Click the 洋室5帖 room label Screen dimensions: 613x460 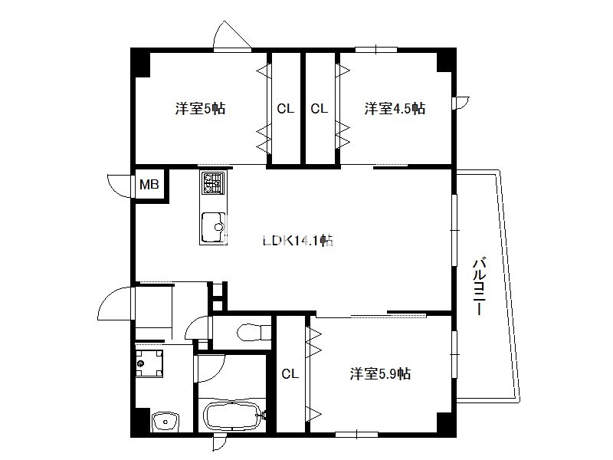[200, 108]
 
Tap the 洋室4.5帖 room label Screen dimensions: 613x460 [395, 108]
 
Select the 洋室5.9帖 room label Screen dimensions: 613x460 [380, 374]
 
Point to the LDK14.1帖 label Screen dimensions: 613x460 [298, 240]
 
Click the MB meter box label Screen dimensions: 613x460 [149, 184]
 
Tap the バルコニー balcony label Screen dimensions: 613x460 [480, 286]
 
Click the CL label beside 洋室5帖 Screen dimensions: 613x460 [285, 109]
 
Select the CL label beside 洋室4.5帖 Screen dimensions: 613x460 [319, 109]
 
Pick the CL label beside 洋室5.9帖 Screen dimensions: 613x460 [290, 374]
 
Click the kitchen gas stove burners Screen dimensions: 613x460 [213, 183]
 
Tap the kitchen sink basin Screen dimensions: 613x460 [213, 227]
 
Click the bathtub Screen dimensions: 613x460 [233, 416]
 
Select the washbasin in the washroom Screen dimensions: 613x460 [165, 422]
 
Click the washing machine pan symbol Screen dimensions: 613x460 [149, 363]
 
